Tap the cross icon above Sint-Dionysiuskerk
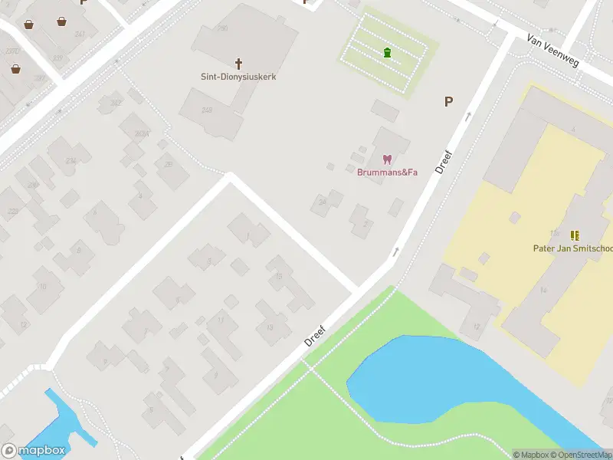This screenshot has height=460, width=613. click(238, 63)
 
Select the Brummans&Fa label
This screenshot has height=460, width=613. click(387, 172)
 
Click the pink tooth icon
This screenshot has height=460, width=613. click(387, 159)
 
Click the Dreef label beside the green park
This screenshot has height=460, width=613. click(315, 336)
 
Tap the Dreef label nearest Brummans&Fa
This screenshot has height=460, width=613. click(444, 162)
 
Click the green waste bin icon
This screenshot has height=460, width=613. click(387, 52)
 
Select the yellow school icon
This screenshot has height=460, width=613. click(575, 235)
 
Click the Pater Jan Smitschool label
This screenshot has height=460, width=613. click(572, 248)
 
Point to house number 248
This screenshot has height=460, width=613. click(207, 110)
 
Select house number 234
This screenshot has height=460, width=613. click(70, 161)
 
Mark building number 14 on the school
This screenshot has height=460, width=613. click(543, 290)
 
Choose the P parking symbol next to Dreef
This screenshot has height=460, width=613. click(448, 101)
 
